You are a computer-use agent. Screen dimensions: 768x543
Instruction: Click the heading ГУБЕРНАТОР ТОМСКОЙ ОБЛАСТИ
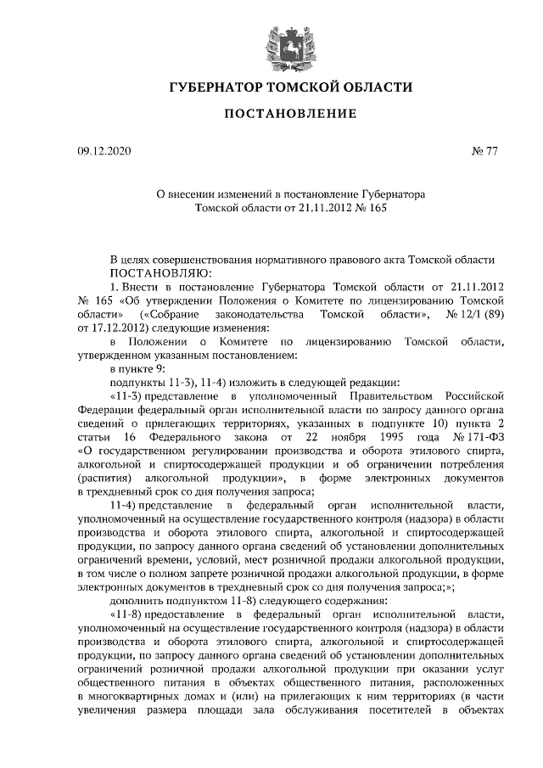pyautogui.click(x=271, y=87)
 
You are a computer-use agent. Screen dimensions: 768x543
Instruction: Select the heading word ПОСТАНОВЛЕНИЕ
pyautogui.click(x=271, y=114)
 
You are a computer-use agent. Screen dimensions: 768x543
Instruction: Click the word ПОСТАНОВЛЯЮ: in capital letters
pyautogui.click(x=154, y=273)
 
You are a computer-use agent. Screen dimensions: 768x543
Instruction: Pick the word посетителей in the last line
pyautogui.click(x=406, y=708)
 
